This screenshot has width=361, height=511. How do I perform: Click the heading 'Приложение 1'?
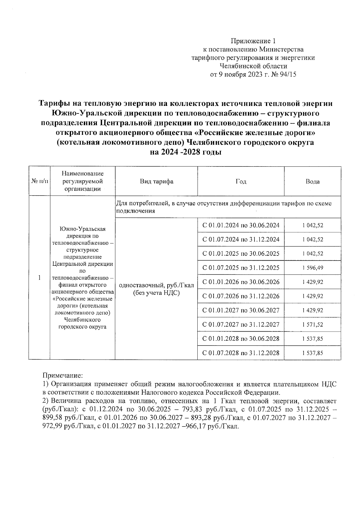click(x=253, y=41)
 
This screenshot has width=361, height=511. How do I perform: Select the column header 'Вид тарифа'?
click(x=156, y=181)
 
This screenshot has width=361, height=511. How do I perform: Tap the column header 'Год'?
click(x=241, y=181)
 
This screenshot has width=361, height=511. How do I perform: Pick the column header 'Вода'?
click(x=313, y=181)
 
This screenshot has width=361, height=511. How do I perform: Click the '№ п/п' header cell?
click(x=39, y=181)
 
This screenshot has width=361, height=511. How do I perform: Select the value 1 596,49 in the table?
click(x=313, y=268)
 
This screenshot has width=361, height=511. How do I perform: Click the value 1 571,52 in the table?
click(x=313, y=324)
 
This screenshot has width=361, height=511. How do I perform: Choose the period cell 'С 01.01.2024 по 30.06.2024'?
click(x=241, y=225)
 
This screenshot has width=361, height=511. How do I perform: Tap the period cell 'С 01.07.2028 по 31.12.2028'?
click(x=241, y=353)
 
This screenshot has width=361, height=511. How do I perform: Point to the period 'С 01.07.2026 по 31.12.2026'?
click(x=241, y=296)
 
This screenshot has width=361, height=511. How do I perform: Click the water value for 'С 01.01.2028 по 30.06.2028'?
click(x=313, y=339)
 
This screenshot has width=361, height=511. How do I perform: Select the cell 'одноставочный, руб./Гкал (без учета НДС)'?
click(x=156, y=289)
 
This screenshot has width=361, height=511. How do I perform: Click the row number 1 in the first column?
click(x=39, y=277)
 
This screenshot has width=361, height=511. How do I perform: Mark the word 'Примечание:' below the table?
click(x=63, y=376)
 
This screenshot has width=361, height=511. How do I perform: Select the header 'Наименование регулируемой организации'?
click(x=82, y=181)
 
